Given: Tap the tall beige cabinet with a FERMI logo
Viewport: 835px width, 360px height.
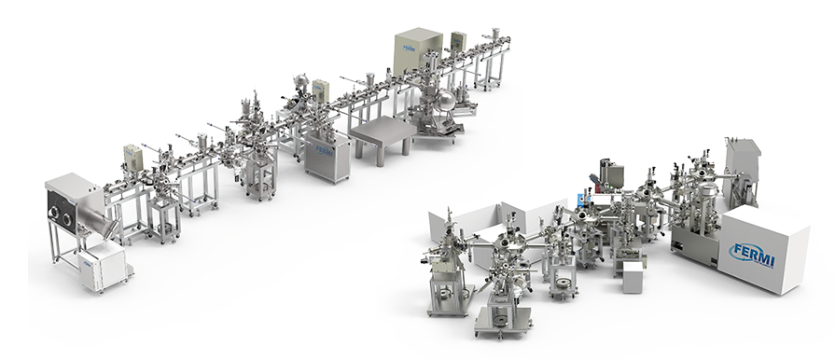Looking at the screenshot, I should click(416, 53).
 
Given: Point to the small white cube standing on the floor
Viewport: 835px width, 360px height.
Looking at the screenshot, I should click(633, 276).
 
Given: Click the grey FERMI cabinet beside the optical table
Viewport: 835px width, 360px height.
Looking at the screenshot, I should click(327, 158).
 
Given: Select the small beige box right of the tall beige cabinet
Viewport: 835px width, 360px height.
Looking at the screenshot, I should click(458, 42).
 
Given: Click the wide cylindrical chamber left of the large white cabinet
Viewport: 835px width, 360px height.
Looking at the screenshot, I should click(706, 201).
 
